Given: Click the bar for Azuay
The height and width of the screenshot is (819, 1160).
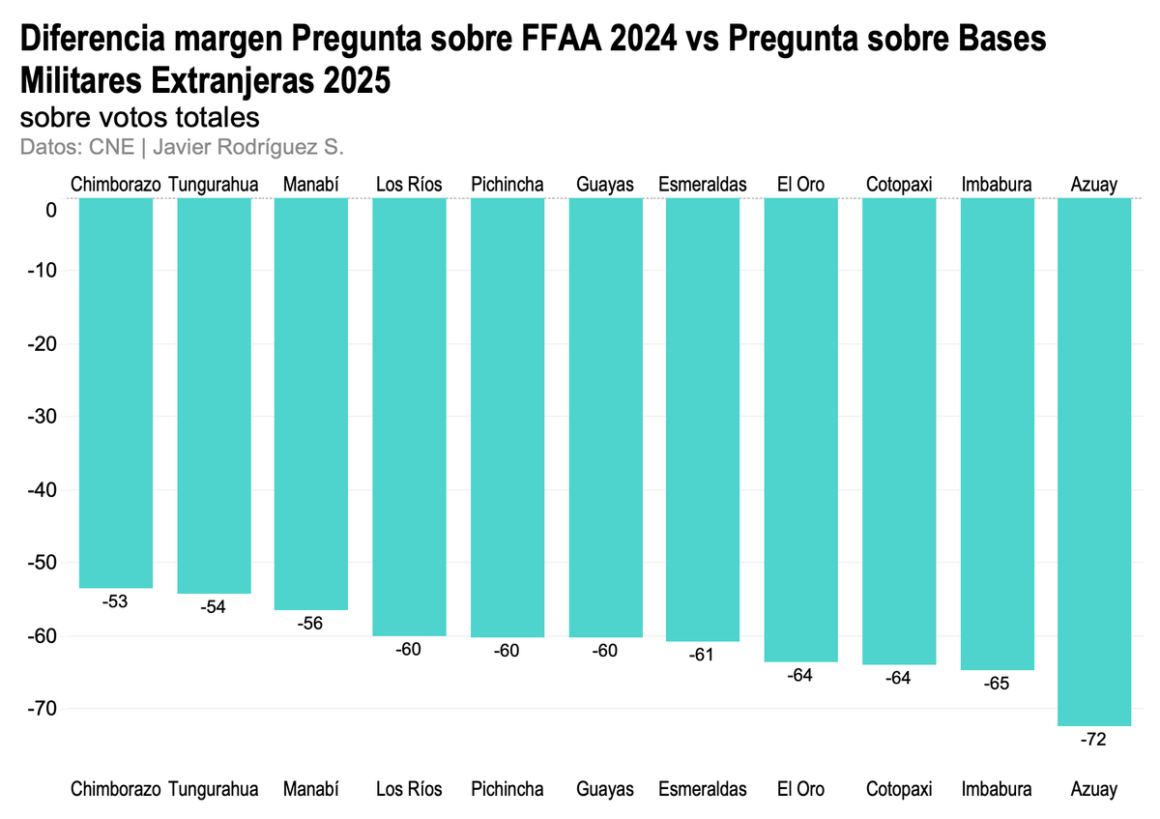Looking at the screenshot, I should [1094, 461].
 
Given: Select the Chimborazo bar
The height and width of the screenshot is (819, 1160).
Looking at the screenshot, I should [116, 392].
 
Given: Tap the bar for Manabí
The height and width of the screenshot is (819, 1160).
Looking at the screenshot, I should [311, 403].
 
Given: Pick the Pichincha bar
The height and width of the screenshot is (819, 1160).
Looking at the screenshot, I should [507, 417].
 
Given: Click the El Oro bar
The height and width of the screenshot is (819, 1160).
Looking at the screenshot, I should [800, 429].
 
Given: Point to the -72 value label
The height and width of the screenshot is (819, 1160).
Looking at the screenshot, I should [1094, 740].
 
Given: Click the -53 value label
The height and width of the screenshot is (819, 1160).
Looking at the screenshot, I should [115, 601].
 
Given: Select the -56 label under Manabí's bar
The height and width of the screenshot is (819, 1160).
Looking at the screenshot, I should [311, 624].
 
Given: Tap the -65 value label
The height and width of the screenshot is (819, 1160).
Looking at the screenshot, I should [996, 684].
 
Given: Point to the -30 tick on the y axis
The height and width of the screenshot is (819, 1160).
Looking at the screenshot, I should [43, 417].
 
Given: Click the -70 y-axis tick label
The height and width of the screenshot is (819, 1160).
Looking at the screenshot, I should [43, 709].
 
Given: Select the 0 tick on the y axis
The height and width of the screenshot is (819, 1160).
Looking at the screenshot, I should [50, 211].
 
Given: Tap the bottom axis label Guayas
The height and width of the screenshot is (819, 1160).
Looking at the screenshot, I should [605, 789].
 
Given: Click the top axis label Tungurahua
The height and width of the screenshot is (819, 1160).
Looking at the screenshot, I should [214, 184].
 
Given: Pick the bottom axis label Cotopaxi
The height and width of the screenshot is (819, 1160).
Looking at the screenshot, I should [899, 789].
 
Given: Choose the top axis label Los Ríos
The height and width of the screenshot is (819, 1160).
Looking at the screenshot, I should [409, 184].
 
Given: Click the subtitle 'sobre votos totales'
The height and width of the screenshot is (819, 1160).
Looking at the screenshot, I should [140, 118].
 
